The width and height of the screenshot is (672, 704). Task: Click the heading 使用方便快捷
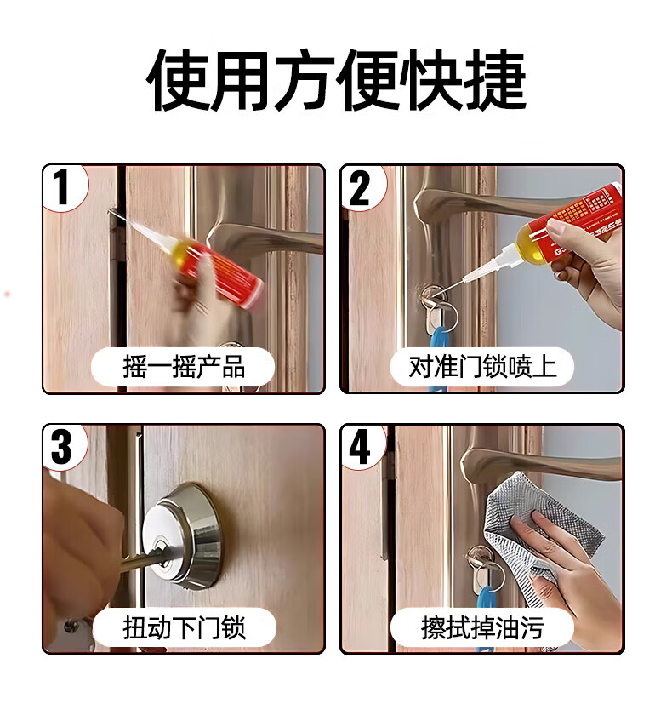click(x=336, y=80)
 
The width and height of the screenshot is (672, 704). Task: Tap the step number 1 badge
click(x=63, y=187)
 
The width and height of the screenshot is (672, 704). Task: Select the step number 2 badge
click(x=362, y=187)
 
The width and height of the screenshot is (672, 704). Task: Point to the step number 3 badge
click(x=63, y=447)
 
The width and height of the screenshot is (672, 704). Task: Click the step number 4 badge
click(x=362, y=447)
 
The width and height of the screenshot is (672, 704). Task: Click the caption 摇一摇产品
click(x=184, y=367)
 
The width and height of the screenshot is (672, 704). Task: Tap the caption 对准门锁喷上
click(x=482, y=367)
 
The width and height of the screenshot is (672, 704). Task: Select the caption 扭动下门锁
click(x=184, y=627)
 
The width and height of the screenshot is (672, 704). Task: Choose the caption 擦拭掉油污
click(x=482, y=627)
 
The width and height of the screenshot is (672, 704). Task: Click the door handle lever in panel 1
click(x=265, y=238)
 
